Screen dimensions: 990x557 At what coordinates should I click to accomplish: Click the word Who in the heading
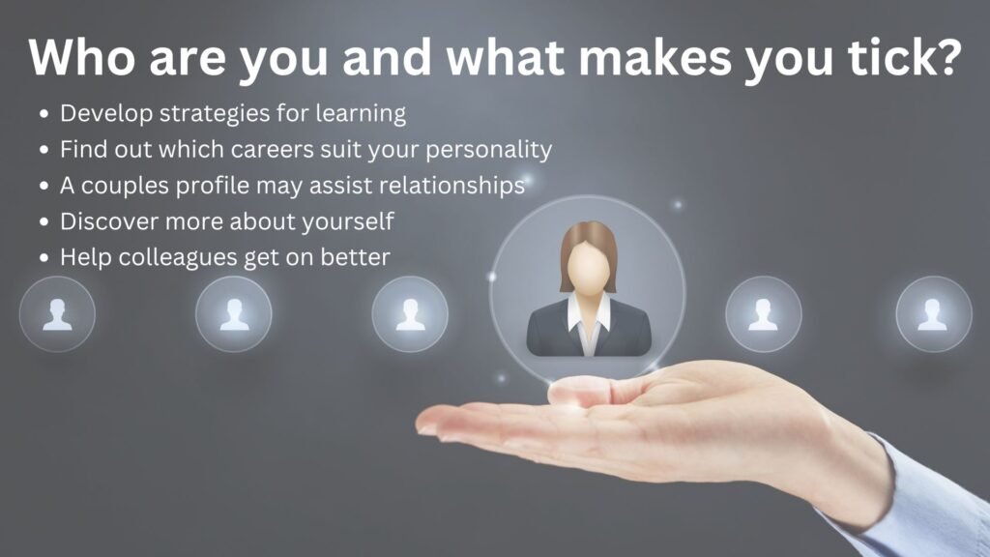click(81, 57)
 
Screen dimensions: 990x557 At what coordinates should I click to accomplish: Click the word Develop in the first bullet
click(106, 114)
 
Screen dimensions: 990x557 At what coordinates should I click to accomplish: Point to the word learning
click(361, 114)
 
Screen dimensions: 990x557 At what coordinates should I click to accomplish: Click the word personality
click(488, 150)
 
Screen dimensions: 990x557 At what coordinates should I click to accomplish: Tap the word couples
click(125, 187)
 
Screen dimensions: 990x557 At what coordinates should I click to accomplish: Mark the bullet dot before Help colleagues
click(44, 257)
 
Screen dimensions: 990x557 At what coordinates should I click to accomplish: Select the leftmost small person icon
click(57, 314)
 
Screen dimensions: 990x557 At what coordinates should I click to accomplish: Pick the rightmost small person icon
click(934, 314)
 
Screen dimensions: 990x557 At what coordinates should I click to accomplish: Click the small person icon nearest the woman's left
click(410, 314)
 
